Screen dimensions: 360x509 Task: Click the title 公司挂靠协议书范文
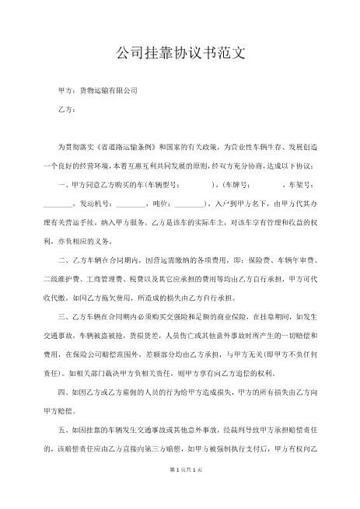click(180, 54)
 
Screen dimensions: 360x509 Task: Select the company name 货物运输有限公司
click(109, 91)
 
